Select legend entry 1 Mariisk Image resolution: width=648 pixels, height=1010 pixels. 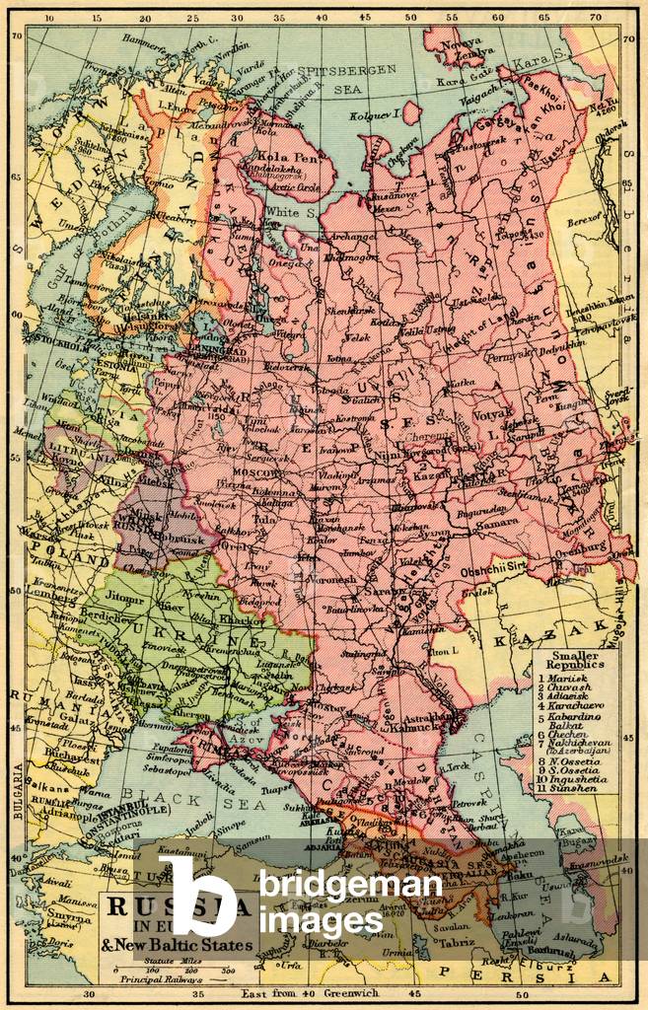pyautogui.click(x=572, y=680)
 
